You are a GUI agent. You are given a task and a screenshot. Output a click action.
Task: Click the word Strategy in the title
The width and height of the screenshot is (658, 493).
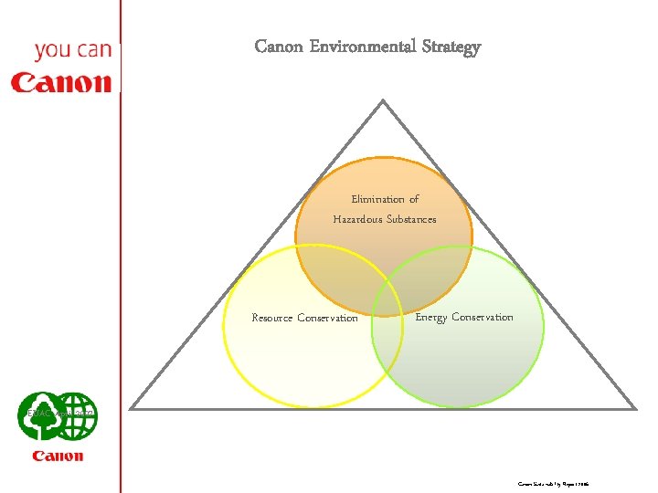[451, 47]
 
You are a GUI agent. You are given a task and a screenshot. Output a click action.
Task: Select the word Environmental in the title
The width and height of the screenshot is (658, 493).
[364, 47]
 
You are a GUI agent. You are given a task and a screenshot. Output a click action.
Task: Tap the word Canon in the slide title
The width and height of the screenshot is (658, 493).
[280, 47]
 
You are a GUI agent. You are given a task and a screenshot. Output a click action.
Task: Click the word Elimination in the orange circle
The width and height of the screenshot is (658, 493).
[377, 199]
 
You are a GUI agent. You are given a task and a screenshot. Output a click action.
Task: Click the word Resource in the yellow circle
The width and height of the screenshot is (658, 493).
[272, 319]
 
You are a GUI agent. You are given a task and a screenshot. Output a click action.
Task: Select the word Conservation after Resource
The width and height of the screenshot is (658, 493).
[328, 319]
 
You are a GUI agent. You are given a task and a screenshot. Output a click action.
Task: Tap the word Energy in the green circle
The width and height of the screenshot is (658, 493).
[430, 318]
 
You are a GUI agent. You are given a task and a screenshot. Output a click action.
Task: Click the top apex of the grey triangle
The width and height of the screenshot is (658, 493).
[383, 101]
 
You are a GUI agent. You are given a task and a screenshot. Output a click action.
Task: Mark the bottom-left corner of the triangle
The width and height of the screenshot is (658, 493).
[132, 407]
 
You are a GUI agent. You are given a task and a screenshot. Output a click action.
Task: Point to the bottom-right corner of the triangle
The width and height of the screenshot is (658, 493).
[635, 407]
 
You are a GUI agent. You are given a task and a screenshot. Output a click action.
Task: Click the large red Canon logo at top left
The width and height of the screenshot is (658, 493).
[60, 83]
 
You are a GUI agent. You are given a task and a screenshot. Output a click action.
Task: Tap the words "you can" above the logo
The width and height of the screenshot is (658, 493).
[72, 50]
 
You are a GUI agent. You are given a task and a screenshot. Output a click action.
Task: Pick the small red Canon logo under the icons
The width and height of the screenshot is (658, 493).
[58, 456]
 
